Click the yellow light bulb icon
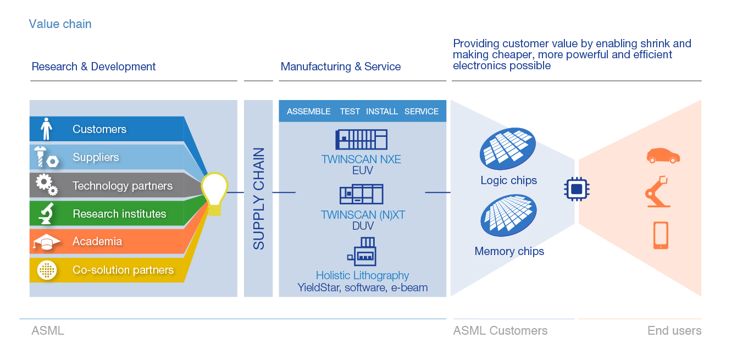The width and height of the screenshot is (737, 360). click(214, 193)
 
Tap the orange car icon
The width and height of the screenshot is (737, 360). click(663, 156)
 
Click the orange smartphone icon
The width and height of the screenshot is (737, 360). click(661, 235)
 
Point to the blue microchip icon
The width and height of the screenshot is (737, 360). click(577, 190)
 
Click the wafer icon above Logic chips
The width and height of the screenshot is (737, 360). click(508, 148)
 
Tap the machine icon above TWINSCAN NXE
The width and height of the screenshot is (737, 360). click(361, 140)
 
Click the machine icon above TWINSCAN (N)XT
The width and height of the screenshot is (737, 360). click(361, 195)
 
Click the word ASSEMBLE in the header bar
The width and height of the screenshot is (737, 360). click(308, 112)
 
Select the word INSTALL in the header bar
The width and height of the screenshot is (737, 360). click(381, 112)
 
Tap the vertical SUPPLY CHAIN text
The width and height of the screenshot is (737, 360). click(258, 198)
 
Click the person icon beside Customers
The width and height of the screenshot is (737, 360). click(47, 129)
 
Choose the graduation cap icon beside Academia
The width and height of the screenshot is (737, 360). click(47, 242)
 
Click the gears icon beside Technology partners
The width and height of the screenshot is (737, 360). click(47, 185)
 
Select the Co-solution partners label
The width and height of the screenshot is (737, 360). click(123, 270)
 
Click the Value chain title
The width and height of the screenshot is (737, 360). click(60, 24)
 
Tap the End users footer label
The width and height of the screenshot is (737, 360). click(674, 331)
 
